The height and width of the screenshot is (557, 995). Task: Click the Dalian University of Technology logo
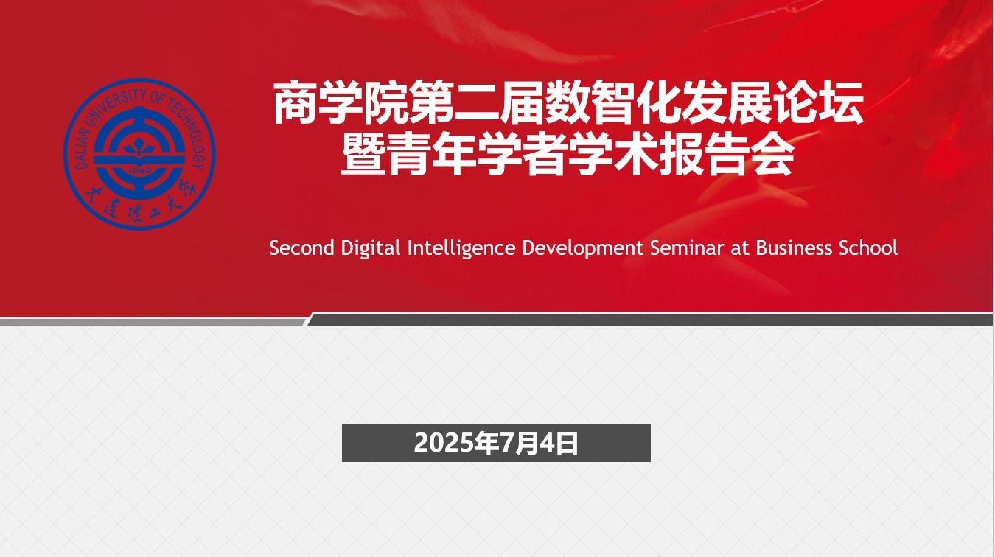click(x=139, y=154)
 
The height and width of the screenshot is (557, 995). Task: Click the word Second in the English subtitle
click(x=301, y=248)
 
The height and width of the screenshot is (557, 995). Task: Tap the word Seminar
click(x=687, y=248)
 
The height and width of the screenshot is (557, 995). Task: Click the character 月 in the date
click(x=526, y=444)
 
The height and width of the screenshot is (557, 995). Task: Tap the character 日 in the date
click(x=566, y=444)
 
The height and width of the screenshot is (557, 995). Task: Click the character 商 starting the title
click(x=295, y=102)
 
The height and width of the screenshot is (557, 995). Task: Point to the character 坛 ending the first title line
click(x=841, y=102)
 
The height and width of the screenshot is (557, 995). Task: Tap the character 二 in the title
click(x=477, y=102)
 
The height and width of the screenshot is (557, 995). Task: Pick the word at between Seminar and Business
click(x=740, y=249)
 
